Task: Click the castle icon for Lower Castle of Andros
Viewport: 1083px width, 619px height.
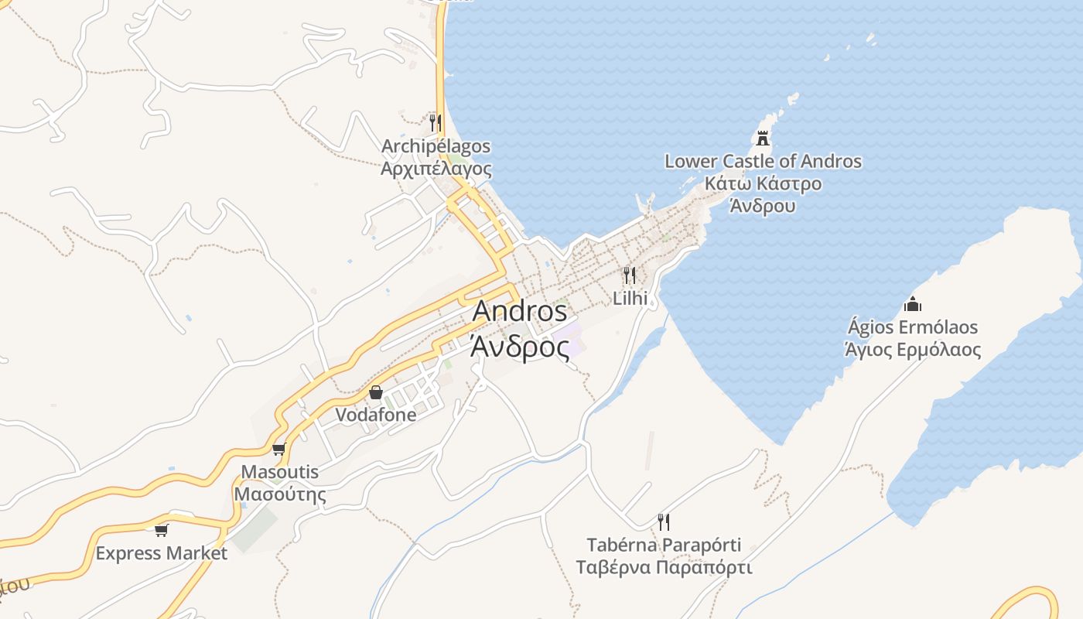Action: click(763, 139)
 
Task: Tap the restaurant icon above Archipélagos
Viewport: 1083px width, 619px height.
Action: click(436, 122)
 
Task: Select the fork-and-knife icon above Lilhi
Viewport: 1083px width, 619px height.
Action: click(630, 275)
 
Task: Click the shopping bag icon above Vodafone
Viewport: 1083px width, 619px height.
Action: click(376, 392)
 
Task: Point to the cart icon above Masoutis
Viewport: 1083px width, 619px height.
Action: click(279, 449)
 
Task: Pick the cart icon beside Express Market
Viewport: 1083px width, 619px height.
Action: click(162, 530)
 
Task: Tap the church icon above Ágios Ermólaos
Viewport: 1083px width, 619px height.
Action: click(913, 304)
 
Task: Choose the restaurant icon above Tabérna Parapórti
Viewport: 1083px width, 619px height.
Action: click(663, 522)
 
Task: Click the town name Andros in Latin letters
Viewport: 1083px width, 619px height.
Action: click(520, 311)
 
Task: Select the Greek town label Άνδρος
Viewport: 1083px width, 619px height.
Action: click(520, 348)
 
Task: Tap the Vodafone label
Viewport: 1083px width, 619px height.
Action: click(376, 415)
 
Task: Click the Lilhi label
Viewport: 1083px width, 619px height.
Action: click(630, 298)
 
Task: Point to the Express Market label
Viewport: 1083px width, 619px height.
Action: click(162, 553)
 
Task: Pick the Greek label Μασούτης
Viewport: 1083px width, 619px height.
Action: click(280, 494)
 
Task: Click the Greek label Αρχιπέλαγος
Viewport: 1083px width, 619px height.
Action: click(436, 168)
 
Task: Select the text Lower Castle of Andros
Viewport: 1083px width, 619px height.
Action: click(763, 162)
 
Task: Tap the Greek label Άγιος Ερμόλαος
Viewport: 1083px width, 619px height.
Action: click(913, 350)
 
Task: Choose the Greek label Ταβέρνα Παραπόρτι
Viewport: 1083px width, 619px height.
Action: click(664, 567)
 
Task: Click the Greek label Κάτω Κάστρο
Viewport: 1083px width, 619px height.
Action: click(763, 184)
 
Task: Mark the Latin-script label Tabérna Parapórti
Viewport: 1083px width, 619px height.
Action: click(664, 545)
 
